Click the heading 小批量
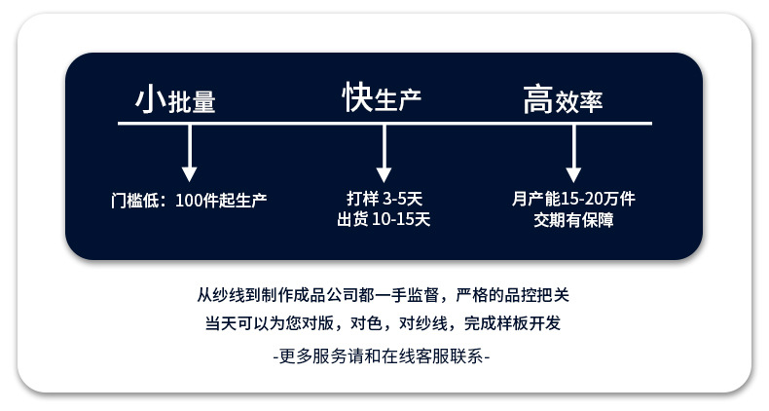(175, 100)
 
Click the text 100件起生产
(222, 200)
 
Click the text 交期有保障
(573, 219)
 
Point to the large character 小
(147, 98)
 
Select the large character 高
(537, 99)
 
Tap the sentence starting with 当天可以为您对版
(383, 323)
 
